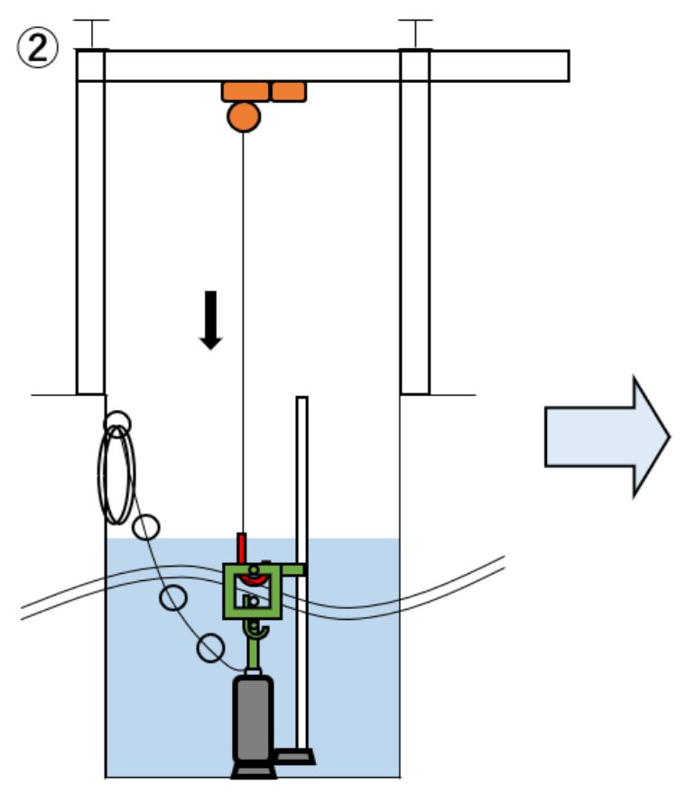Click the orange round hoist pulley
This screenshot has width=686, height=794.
[244, 116]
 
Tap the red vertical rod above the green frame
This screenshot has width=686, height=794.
[241, 547]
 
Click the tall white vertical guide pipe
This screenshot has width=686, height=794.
[301, 478]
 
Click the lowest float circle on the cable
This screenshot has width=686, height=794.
[210, 648]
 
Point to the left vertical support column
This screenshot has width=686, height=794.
[90, 226]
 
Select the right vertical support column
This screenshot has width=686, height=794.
[414, 226]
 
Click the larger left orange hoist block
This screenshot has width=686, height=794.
[246, 91]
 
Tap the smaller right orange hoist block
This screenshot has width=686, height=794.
[288, 91]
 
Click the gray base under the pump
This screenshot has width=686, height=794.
[254, 771]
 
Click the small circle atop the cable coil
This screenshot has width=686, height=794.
[116, 422]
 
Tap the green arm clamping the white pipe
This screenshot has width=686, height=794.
[292, 570]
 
